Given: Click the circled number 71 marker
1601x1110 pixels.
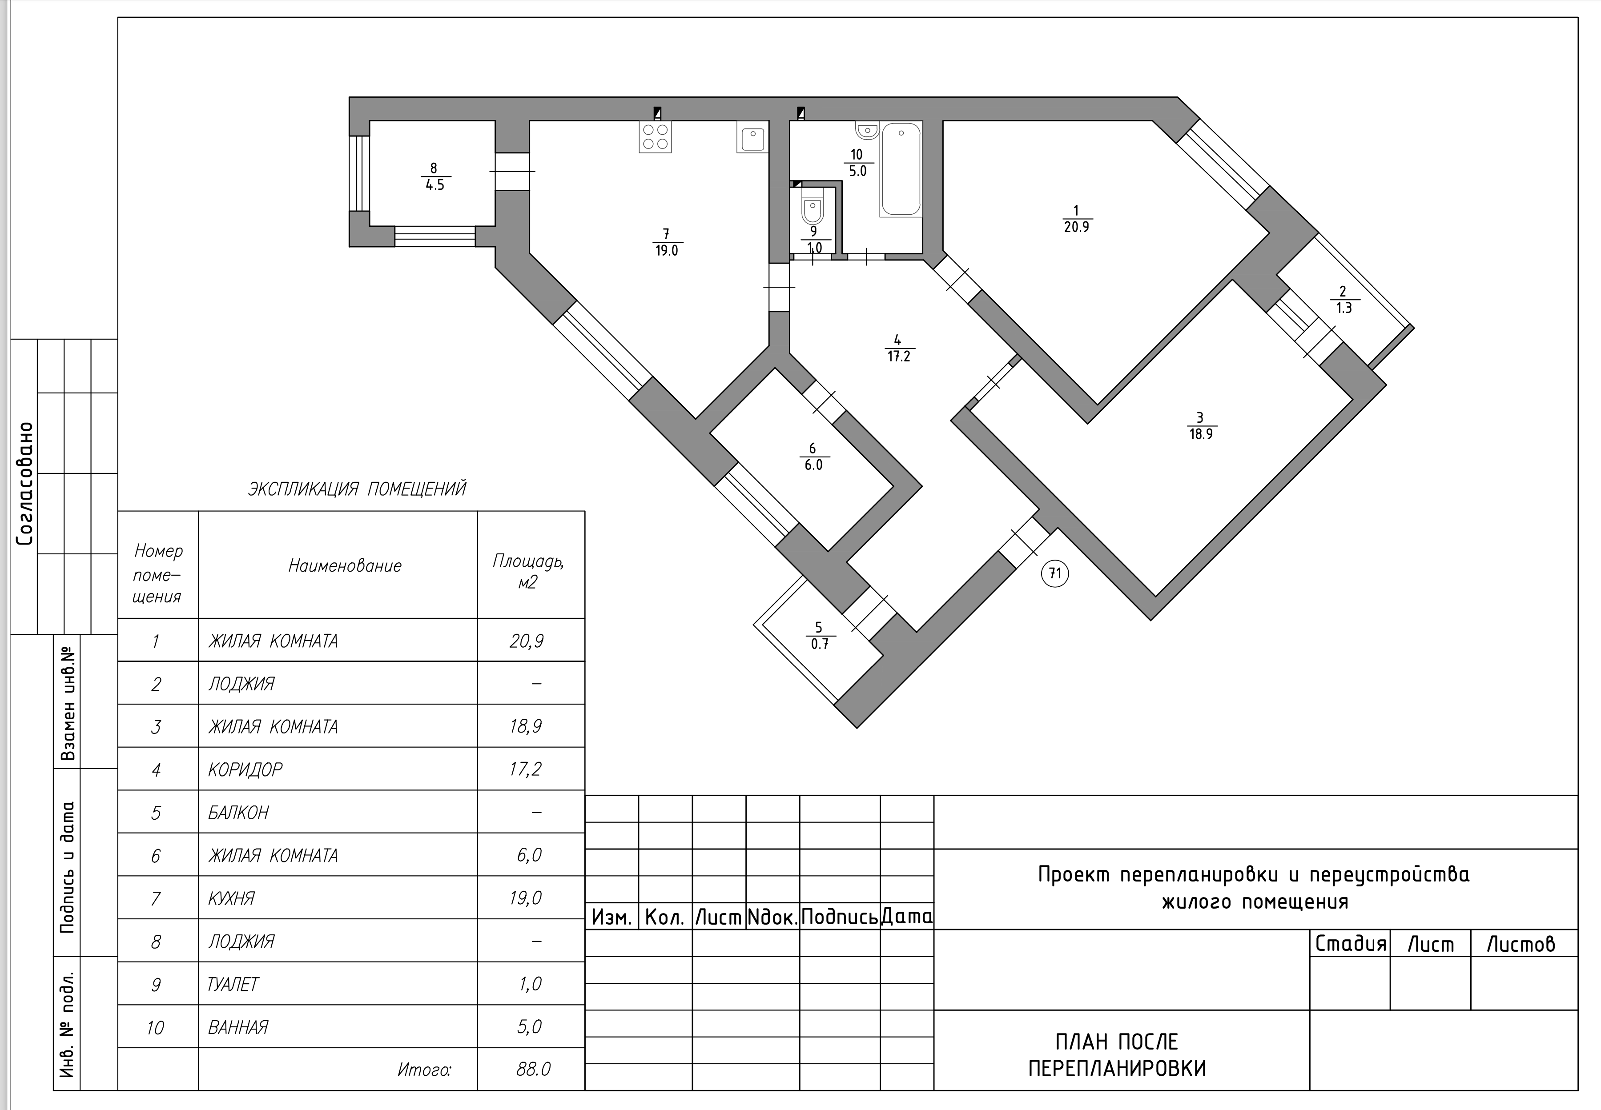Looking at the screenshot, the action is [x=1055, y=573].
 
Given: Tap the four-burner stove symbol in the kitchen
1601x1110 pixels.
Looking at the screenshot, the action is [x=655, y=136].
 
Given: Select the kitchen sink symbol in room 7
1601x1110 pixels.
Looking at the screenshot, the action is [x=752, y=137].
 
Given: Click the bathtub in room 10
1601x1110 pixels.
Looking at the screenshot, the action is [x=901, y=169].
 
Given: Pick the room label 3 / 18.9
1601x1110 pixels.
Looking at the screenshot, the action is [x=1200, y=425].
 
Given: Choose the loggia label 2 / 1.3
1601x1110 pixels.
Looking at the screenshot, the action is [x=1344, y=300].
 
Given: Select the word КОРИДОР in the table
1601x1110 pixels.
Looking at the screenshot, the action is [x=245, y=769].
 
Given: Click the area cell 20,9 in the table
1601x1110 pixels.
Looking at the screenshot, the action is [x=526, y=641].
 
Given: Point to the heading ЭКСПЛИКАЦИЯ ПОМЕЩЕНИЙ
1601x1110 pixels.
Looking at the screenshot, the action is [x=357, y=489].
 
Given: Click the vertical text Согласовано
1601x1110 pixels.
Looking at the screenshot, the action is [x=25, y=483].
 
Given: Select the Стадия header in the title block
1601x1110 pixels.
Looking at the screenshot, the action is [x=1351, y=944].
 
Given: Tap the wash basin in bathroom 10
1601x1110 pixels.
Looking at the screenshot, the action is [x=866, y=130].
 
